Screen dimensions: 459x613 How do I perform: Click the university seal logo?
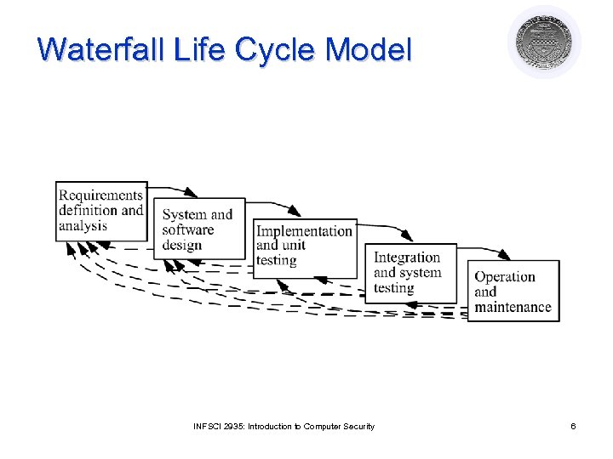[x=545, y=42]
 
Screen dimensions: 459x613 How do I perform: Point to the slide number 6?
[x=573, y=426]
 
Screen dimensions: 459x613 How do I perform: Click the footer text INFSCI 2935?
[x=218, y=426]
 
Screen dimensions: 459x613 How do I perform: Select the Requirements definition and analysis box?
[x=101, y=211]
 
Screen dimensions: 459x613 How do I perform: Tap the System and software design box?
[x=198, y=229]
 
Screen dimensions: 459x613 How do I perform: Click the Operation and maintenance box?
[x=513, y=291]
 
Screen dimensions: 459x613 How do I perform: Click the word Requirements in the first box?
[x=100, y=195]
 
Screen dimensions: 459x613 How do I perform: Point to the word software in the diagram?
[x=187, y=229]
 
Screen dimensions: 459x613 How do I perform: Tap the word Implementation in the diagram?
[x=304, y=231]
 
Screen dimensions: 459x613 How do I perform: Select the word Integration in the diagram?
[x=407, y=258]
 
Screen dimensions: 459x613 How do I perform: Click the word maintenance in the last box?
[x=513, y=307]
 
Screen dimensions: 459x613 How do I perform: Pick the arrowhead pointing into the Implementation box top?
[x=295, y=212]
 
